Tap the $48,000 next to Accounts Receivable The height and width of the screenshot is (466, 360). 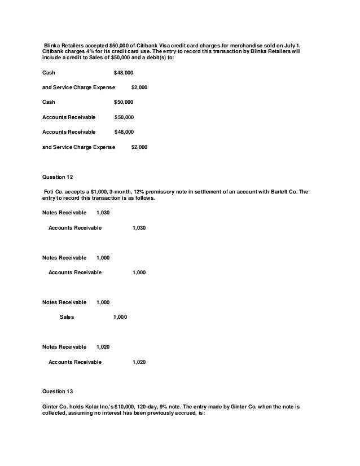point(124,132)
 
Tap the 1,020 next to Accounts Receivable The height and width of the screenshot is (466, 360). point(139,361)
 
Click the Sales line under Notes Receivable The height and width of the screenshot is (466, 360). point(67,317)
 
